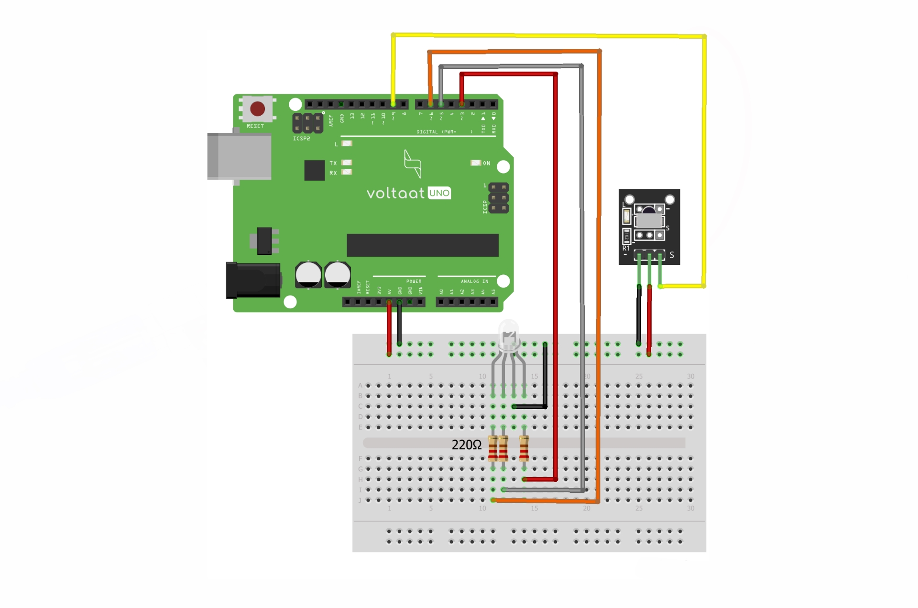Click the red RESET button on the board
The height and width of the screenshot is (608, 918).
click(257, 109)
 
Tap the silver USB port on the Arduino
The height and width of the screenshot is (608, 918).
click(239, 156)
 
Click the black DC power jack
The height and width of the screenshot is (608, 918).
click(253, 280)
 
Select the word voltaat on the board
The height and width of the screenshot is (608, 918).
click(395, 193)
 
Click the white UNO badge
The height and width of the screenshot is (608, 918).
click(439, 193)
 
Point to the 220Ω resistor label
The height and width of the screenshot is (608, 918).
click(467, 445)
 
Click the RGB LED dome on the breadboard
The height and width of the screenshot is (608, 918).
click(509, 335)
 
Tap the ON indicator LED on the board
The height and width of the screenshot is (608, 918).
click(476, 163)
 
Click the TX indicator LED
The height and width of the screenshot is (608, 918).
click(347, 163)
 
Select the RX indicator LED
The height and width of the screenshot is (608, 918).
click(347, 172)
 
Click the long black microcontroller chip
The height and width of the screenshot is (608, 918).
click(422, 245)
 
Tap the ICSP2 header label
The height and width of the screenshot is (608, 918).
click(301, 139)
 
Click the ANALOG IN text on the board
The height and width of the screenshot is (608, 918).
click(474, 282)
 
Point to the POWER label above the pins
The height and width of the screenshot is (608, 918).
click(414, 282)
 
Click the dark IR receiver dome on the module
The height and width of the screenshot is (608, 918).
click(648, 211)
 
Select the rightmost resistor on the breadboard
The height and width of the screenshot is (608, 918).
click(524, 448)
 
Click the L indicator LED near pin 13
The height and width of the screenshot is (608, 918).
click(347, 143)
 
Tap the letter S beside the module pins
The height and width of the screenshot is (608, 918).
click(672, 255)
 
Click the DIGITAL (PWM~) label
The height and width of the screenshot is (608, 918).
click(437, 132)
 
